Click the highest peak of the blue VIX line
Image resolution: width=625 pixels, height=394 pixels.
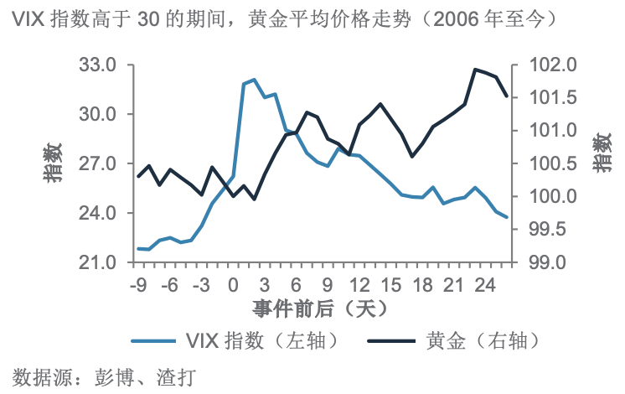tap(254, 80)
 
